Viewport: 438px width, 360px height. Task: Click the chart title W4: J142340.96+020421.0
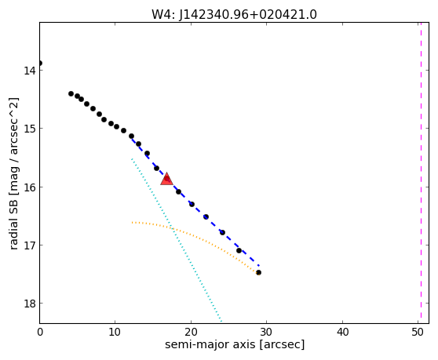tap(234, 14)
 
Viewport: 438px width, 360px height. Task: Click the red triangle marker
tap(166, 179)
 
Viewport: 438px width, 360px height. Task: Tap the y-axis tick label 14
tap(29, 70)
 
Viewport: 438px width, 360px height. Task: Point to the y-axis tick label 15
tap(29, 129)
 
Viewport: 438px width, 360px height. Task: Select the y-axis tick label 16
tap(29, 187)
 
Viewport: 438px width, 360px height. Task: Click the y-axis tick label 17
tap(29, 245)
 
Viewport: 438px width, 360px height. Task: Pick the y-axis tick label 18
tap(29, 304)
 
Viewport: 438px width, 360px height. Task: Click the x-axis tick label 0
tap(40, 332)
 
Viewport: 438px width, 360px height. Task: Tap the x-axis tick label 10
tap(115, 332)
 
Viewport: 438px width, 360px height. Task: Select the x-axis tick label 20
tap(191, 332)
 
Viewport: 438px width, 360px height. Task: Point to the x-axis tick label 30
tap(266, 332)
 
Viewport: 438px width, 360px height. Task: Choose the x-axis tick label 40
tap(342, 332)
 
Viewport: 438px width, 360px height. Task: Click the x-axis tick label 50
tap(418, 332)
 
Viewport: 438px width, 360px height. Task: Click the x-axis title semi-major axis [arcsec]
tap(235, 344)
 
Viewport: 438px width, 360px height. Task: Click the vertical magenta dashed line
tap(421, 173)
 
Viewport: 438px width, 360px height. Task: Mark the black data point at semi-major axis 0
tap(40, 63)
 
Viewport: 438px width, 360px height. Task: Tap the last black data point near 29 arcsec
tap(259, 272)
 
